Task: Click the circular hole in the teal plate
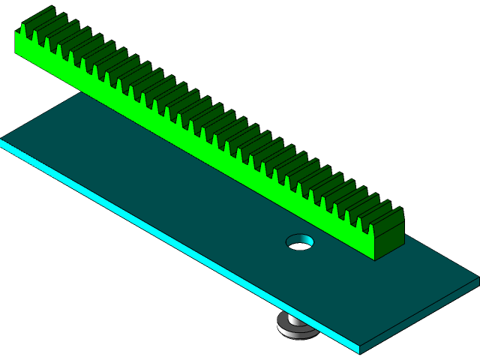300,242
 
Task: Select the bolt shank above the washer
294,318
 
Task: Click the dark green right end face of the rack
390,236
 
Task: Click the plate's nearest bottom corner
360,350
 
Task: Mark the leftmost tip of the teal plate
2,140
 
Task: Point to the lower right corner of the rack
375,259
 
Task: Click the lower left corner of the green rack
16,54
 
